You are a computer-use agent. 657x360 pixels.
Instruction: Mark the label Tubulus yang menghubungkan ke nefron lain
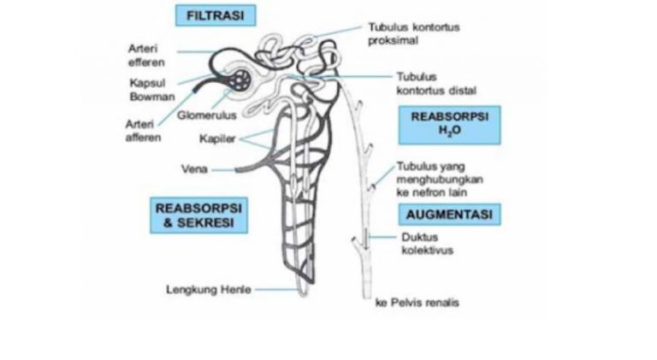pos(439,180)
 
